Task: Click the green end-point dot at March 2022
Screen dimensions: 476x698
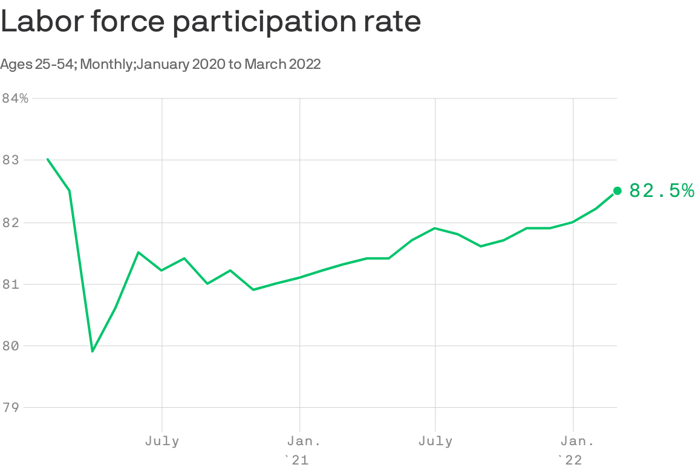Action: [617, 191]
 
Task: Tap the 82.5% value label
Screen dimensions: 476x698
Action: [661, 191]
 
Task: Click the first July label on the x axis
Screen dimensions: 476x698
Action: [162, 441]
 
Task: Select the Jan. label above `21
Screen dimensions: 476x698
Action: [300, 441]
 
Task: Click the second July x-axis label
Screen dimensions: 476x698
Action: [435, 441]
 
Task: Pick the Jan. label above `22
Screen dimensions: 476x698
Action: [573, 441]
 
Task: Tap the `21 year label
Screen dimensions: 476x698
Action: [296, 460]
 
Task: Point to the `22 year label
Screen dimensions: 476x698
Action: [570, 460]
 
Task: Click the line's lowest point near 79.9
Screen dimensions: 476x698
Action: [93, 351]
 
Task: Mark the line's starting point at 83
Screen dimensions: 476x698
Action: [47, 159]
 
